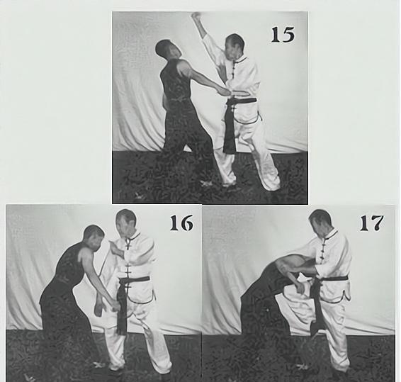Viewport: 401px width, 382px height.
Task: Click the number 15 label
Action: coord(283,35)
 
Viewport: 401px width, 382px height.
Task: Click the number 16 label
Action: coord(181,223)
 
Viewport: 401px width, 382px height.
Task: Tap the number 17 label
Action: coord(371,223)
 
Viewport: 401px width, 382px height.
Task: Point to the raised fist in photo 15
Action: coord(196,17)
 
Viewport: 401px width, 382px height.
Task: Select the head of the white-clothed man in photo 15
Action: coord(235,47)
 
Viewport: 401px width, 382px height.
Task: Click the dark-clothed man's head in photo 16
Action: coord(94,237)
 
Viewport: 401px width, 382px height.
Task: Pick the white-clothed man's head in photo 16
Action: coord(125,223)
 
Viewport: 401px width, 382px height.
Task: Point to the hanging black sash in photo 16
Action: coord(122,307)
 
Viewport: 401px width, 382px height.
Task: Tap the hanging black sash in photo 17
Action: coord(316,307)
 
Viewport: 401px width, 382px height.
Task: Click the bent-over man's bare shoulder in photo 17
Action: coord(284,266)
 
